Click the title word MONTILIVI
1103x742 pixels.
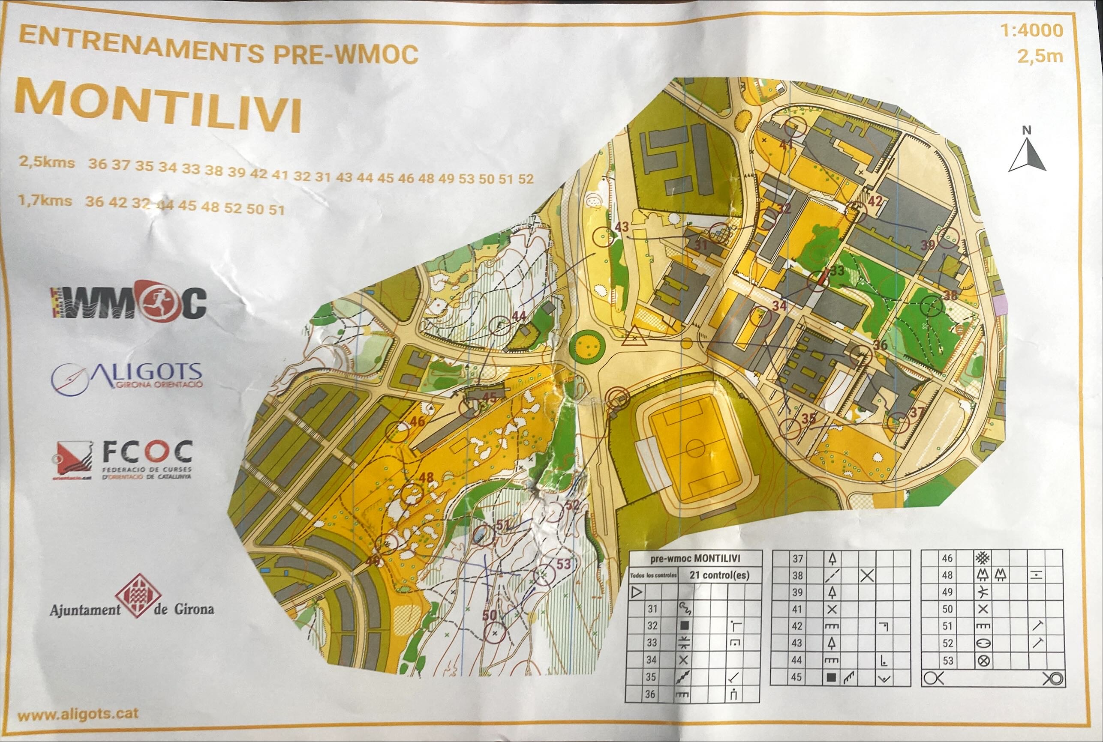[x=158, y=107]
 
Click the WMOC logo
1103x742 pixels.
[x=129, y=302]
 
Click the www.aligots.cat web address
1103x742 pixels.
[x=78, y=714]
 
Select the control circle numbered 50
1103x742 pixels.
[x=494, y=632]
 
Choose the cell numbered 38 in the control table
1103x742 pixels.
[x=797, y=575]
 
